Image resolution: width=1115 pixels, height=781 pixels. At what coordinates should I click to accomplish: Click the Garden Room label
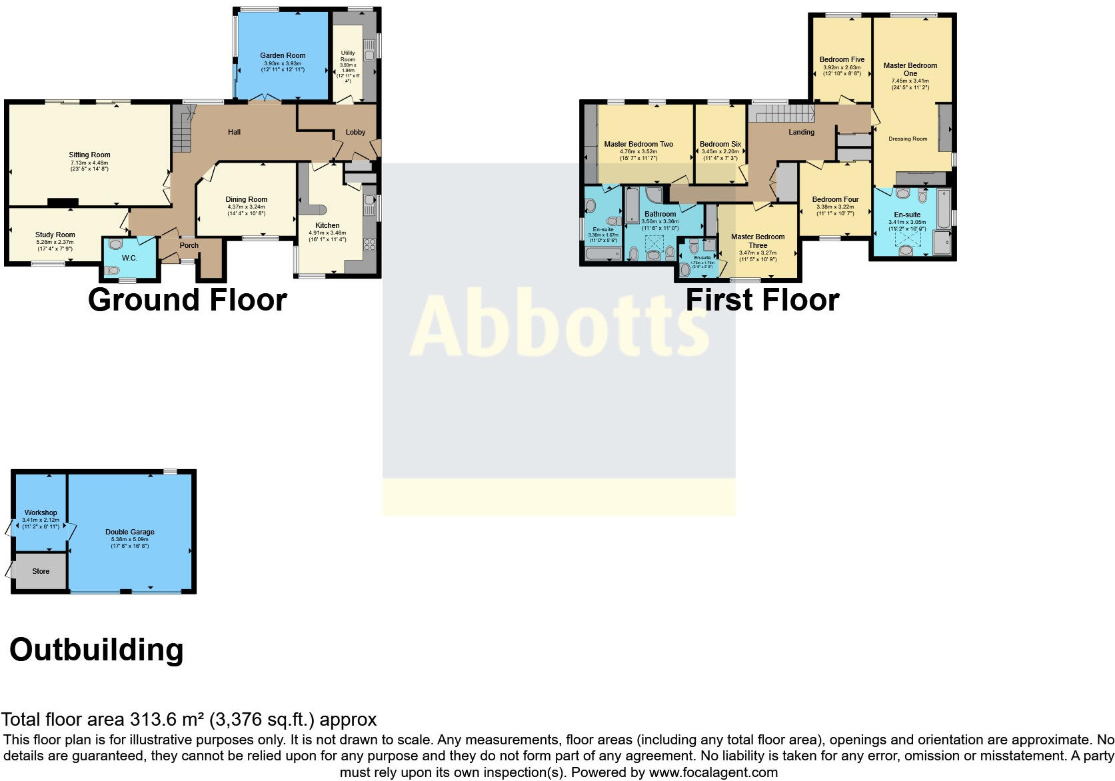coord(283,56)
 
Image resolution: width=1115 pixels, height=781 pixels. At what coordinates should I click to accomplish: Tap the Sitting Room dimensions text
coord(89,166)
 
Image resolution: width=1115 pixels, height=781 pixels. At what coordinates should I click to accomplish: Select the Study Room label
coord(55,235)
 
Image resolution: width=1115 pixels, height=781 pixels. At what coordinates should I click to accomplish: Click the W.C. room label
coord(129,258)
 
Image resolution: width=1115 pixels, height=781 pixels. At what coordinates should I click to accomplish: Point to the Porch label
coord(189,245)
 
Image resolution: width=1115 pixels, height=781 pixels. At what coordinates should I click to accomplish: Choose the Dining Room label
coord(246,199)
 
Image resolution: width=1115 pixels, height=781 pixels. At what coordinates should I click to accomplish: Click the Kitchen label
coord(327,225)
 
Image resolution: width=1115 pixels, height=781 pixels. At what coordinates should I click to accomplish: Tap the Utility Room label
coord(348,56)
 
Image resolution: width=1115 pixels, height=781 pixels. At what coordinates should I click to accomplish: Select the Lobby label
coord(355,132)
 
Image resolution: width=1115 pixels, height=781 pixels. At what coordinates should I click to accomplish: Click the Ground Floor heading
coord(187,300)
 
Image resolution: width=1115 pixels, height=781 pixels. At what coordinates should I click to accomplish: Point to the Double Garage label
coord(130,532)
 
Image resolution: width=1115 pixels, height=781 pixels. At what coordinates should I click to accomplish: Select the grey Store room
coord(41,571)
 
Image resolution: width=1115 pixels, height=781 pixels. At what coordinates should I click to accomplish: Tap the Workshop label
coord(41,512)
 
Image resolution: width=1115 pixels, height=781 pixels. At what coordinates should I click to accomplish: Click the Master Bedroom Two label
coord(638,144)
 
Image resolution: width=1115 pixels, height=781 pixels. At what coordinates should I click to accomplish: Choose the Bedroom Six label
coord(720,144)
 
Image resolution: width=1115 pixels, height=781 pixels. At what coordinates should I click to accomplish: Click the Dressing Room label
coord(908,139)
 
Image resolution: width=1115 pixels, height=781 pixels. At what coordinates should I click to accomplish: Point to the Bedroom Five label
coord(842,59)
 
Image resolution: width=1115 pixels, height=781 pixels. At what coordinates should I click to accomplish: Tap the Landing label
coord(801,132)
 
